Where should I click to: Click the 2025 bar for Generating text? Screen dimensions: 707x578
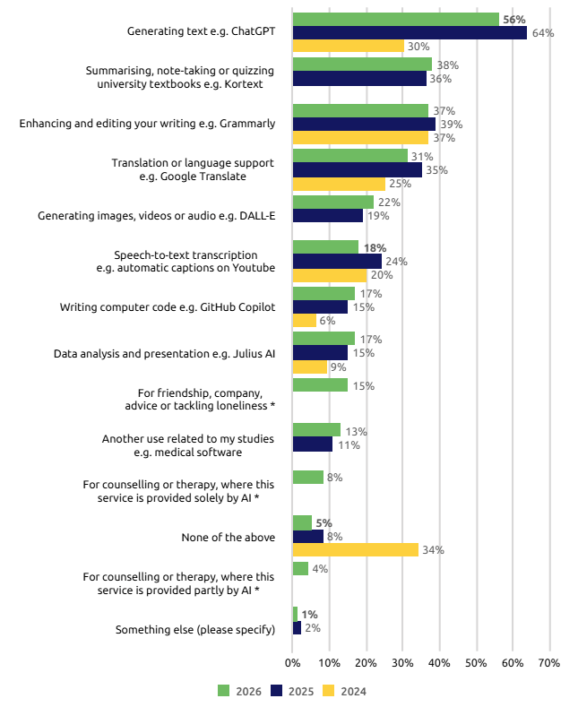[410, 32]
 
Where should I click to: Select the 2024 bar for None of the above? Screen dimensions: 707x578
[356, 549]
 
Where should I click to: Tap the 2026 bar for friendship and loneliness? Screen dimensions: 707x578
[320, 385]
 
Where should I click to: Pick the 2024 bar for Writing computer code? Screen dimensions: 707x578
[305, 320]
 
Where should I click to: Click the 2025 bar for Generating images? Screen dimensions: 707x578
[328, 215]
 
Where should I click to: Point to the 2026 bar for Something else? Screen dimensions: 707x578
[295, 614]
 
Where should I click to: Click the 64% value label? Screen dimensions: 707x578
[543, 33]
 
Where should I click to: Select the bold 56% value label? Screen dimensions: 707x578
[514, 20]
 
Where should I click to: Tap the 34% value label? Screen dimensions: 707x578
[434, 550]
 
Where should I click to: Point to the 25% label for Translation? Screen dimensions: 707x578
[400, 184]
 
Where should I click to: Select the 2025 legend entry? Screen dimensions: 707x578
[292, 690]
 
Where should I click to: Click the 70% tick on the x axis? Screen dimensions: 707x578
[548, 663]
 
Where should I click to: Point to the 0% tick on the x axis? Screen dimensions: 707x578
[293, 663]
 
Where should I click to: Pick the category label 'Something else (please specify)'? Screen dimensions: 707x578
[194, 629]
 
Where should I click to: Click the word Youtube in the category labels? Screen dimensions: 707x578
[255, 268]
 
